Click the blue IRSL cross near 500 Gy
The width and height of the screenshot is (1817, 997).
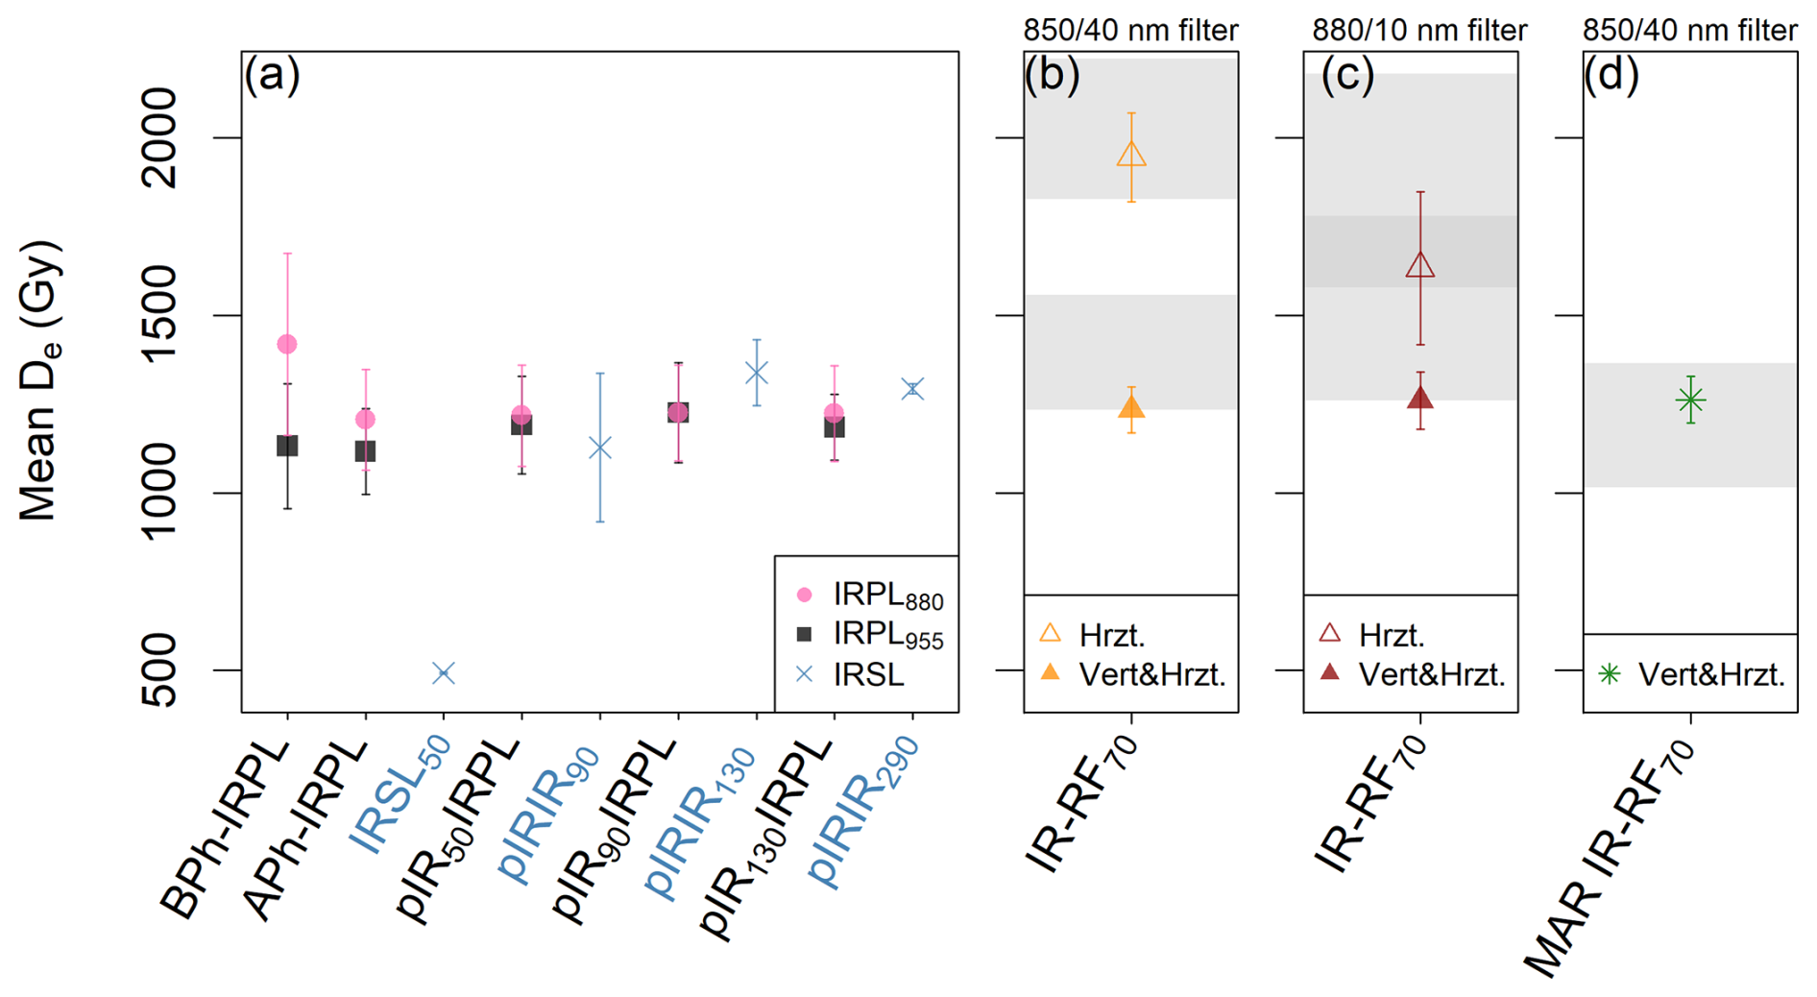[443, 673]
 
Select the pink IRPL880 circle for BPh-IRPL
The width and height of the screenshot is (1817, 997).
[286, 344]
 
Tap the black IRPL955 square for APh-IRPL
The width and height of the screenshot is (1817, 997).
[365, 451]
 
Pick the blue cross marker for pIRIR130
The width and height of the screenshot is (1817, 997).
[757, 373]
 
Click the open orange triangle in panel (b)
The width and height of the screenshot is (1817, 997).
[1131, 155]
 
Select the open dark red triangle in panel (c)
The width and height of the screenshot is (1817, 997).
[1420, 265]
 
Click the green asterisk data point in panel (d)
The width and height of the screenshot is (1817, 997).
[1690, 400]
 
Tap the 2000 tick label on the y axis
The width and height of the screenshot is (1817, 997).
[154, 137]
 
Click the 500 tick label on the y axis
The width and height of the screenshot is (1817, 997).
[154, 670]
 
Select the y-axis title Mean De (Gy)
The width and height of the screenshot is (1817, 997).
[40, 381]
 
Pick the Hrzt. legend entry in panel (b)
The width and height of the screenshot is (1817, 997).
[1095, 635]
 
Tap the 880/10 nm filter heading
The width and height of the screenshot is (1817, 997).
[1419, 31]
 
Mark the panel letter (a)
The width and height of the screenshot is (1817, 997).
[272, 75]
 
